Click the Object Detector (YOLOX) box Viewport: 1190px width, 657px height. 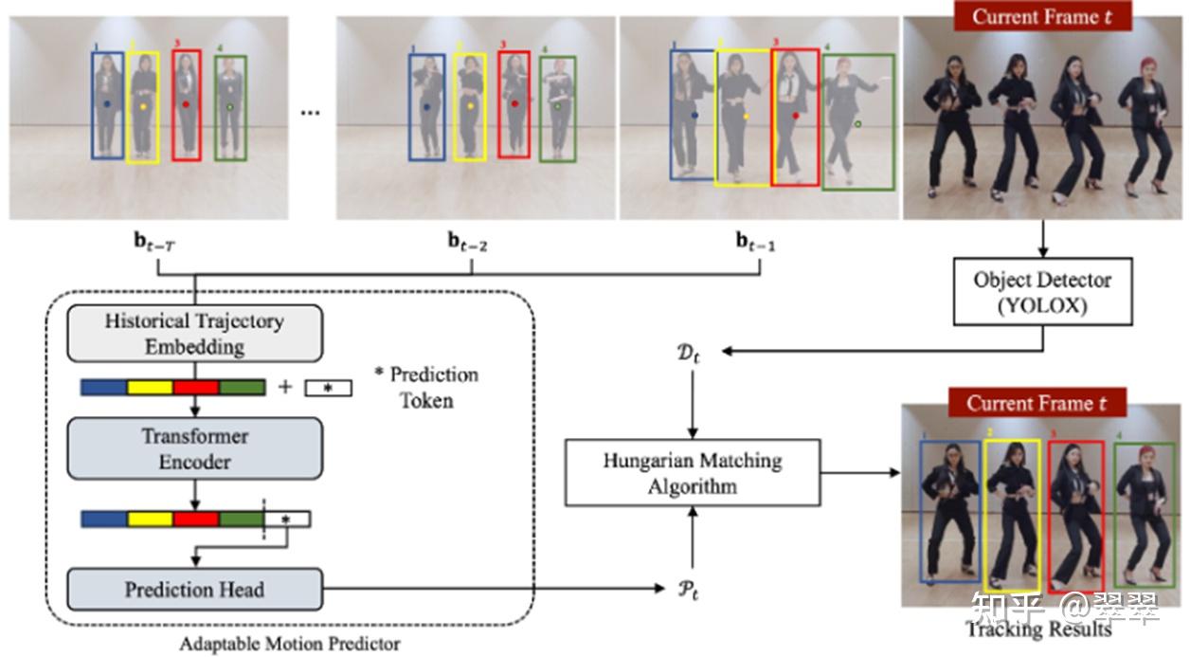pyautogui.click(x=1043, y=291)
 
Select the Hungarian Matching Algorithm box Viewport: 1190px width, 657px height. pyautogui.click(x=692, y=473)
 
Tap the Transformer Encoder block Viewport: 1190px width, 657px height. pyautogui.click(x=194, y=449)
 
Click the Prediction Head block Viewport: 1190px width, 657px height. pyautogui.click(x=194, y=590)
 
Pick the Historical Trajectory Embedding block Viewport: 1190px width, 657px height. pyautogui.click(x=194, y=334)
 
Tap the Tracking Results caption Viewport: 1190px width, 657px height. pyautogui.click(x=1037, y=629)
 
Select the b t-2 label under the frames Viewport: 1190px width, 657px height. pyautogui.click(x=468, y=242)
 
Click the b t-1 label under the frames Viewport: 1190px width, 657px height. pyautogui.click(x=756, y=242)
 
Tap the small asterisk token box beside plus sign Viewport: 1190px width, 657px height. pyautogui.click(x=328, y=388)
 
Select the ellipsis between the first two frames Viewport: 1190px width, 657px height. pyautogui.click(x=310, y=113)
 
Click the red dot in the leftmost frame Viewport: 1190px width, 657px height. pyautogui.click(x=186, y=104)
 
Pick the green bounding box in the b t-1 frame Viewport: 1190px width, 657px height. pyautogui.click(x=857, y=122)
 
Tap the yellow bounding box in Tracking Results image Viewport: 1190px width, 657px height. pyautogui.click(x=1013, y=516)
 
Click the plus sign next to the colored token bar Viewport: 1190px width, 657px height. pyautogui.click(x=284, y=387)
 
